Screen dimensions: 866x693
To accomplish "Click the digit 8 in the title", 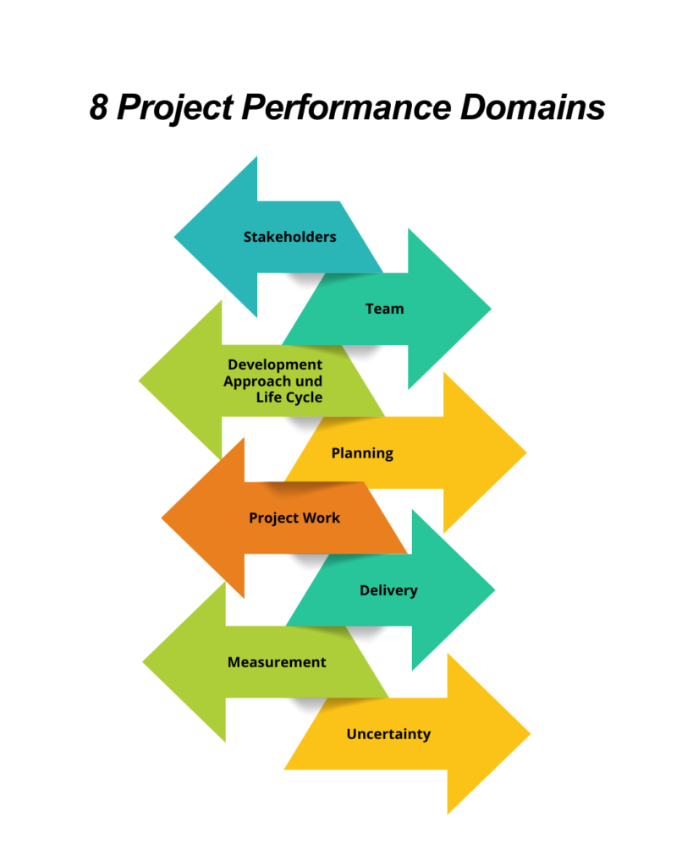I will pyautogui.click(x=100, y=109).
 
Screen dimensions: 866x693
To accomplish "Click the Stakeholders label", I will pyautogui.click(x=289, y=237).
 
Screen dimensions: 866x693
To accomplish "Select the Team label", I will pyautogui.click(x=384, y=309).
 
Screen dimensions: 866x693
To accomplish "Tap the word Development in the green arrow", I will pyautogui.click(x=275, y=364).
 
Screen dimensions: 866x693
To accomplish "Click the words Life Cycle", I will pyautogui.click(x=289, y=397).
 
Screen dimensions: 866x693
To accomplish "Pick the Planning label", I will pyautogui.click(x=362, y=452).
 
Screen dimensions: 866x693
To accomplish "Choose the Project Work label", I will pyautogui.click(x=294, y=517).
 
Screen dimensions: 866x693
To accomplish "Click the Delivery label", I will pyautogui.click(x=388, y=590).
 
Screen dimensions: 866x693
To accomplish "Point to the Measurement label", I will pyautogui.click(x=277, y=662).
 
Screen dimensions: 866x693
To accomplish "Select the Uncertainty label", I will pyautogui.click(x=388, y=734).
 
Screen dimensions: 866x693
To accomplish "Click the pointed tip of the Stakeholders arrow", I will pyautogui.click(x=176, y=237).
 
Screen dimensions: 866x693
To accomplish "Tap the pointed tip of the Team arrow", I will pyautogui.click(x=489, y=309).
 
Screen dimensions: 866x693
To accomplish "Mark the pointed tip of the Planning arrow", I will pyautogui.click(x=525, y=452).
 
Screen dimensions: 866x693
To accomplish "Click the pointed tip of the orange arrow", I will pyautogui.click(x=163, y=517).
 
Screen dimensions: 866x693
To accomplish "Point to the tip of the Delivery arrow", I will pyautogui.click(x=493, y=589).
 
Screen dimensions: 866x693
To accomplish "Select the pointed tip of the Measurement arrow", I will pyautogui.click(x=145, y=662).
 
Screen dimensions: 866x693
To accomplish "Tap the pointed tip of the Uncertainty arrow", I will pyautogui.click(x=529, y=734).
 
